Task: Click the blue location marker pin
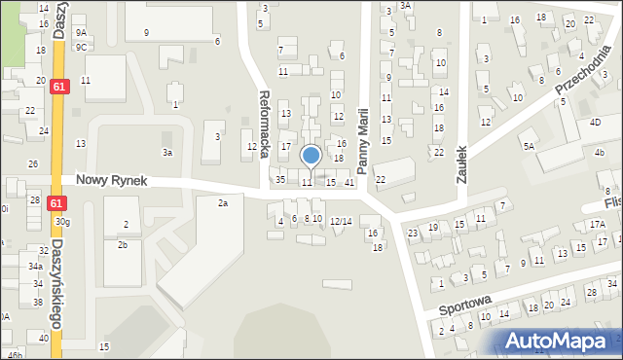[x=311, y=156]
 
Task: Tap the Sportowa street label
[x=465, y=306]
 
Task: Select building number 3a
[x=167, y=153]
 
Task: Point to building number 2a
[x=223, y=202]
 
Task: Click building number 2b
[x=123, y=244]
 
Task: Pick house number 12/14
[x=341, y=222]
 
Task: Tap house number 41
[x=349, y=183]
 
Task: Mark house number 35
[x=280, y=180]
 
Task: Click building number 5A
[x=529, y=146]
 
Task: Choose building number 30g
[x=62, y=222]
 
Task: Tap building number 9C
[x=82, y=47]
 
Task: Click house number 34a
[x=35, y=266]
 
